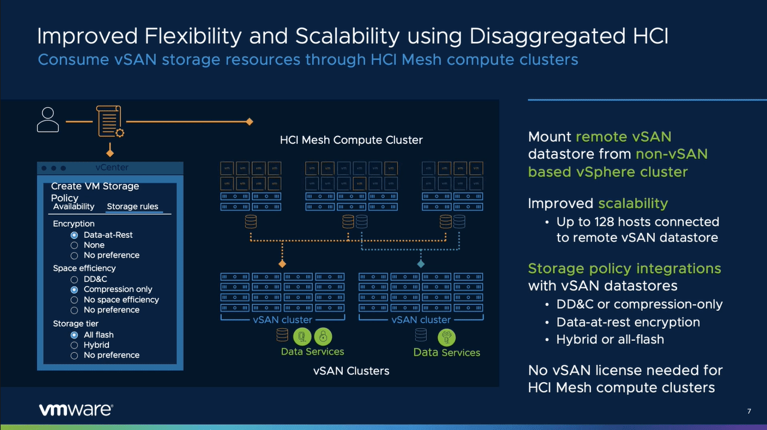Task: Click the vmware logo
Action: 76,410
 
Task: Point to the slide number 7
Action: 749,411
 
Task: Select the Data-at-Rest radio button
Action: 74,235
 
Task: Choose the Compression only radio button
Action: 74,289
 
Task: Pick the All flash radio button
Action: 74,335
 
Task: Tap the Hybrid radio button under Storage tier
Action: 74,345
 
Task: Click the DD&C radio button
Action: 74,279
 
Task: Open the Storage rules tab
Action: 132,207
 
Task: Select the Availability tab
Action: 74,207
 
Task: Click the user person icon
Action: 47,120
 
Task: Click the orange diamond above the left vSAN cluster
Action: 282,264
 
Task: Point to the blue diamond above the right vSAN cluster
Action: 421,264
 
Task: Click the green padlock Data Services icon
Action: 322,336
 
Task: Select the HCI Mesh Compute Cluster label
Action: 351,140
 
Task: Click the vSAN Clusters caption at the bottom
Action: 351,371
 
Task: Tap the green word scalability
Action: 633,203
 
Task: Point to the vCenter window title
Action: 111,168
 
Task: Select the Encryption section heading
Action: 74,223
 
